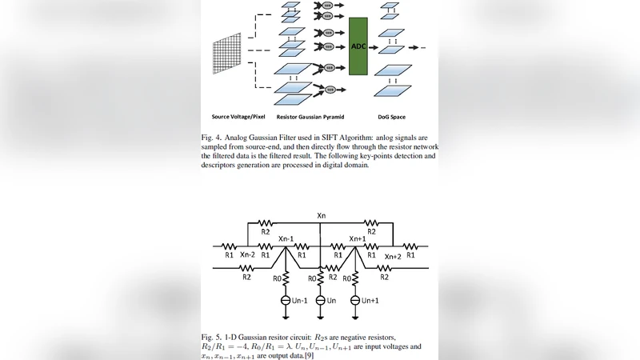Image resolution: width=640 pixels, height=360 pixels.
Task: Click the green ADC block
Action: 358,46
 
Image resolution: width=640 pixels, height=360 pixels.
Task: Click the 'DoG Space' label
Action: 391,117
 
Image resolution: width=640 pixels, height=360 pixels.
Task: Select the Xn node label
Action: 321,216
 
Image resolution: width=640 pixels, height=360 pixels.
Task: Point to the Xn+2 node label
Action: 393,256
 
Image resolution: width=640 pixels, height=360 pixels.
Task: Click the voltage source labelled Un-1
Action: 286,300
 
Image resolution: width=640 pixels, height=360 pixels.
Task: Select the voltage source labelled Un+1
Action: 354,300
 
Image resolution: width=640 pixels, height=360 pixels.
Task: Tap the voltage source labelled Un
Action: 320,300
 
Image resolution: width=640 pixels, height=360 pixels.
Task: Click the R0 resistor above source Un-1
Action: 286,279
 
